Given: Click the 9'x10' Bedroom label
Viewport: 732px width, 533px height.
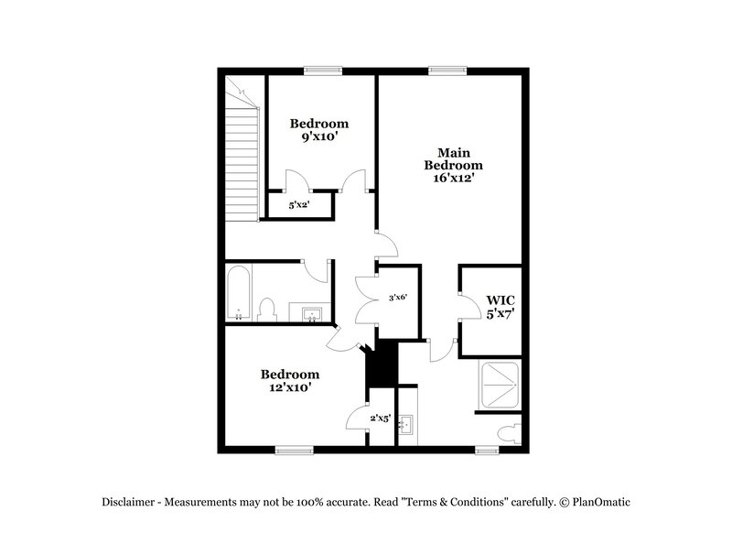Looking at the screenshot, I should (319, 130).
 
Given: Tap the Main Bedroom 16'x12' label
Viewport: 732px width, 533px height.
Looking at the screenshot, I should (453, 165).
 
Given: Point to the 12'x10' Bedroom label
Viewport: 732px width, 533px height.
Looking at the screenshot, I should (290, 380).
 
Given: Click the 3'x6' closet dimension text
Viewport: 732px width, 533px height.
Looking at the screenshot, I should (397, 297).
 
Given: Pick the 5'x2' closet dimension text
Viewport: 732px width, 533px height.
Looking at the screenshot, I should (299, 205).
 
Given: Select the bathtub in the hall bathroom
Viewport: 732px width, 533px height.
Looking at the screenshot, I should (239, 293).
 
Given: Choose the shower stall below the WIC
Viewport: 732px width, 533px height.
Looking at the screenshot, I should (501, 384).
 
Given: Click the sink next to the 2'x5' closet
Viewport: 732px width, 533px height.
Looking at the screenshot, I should (408, 424).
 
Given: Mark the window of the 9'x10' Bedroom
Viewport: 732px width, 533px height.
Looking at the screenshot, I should (323, 68).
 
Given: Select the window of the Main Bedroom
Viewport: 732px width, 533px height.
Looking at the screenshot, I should (446, 68).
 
